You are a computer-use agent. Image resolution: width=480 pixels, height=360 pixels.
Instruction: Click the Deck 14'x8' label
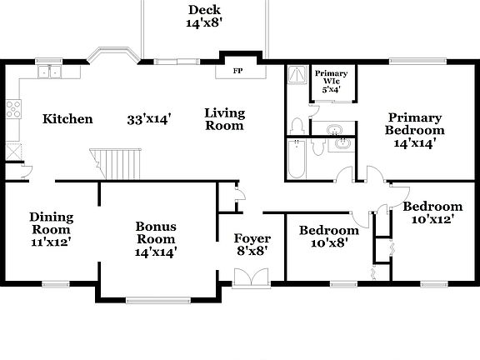203,17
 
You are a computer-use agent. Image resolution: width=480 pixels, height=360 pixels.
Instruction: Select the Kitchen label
68,119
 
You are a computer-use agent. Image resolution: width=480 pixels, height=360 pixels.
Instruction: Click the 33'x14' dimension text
149,119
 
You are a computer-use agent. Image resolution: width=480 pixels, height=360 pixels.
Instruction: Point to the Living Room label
224,119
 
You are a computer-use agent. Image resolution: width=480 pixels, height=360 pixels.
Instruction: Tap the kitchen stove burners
13,107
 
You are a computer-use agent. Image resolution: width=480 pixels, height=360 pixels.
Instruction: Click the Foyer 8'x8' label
252,244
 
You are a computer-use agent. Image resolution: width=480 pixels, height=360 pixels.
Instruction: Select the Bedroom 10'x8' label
328,237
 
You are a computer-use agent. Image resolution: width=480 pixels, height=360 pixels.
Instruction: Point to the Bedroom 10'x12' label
432,212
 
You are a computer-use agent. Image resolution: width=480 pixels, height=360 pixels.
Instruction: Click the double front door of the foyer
252,279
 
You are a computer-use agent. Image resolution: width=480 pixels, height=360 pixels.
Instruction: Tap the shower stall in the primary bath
297,77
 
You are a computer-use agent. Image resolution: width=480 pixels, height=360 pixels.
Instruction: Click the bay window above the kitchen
112,55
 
